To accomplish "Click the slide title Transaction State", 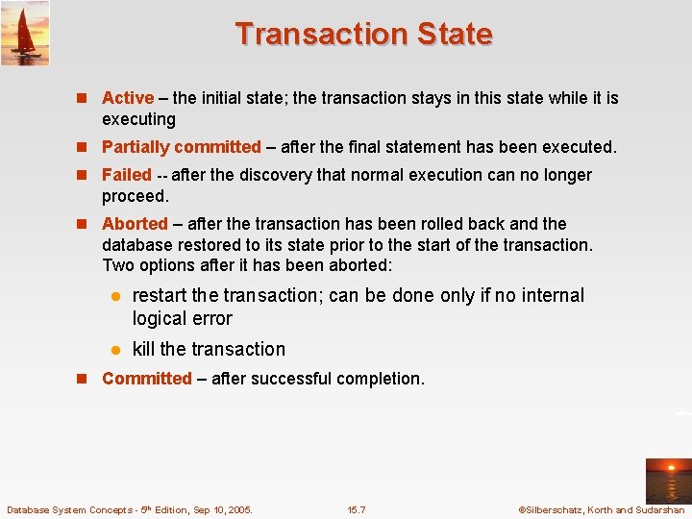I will click(x=363, y=34).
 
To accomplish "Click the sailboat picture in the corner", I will click(x=25, y=34).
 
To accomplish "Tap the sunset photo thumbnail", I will click(x=667, y=482).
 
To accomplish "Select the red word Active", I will click(x=128, y=98).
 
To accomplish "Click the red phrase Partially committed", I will click(x=182, y=147).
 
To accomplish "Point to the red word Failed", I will click(x=127, y=175).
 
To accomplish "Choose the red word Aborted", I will click(x=135, y=224).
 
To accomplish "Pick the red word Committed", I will click(x=147, y=379).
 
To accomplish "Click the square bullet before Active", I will click(x=84, y=98).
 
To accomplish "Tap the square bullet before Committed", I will click(x=84, y=379).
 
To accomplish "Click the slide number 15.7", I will click(x=357, y=509).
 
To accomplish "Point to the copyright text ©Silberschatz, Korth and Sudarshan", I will click(x=601, y=509).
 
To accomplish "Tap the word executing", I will click(x=138, y=120).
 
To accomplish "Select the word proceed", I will click(x=134, y=196).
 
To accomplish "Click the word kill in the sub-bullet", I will click(x=144, y=349).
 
